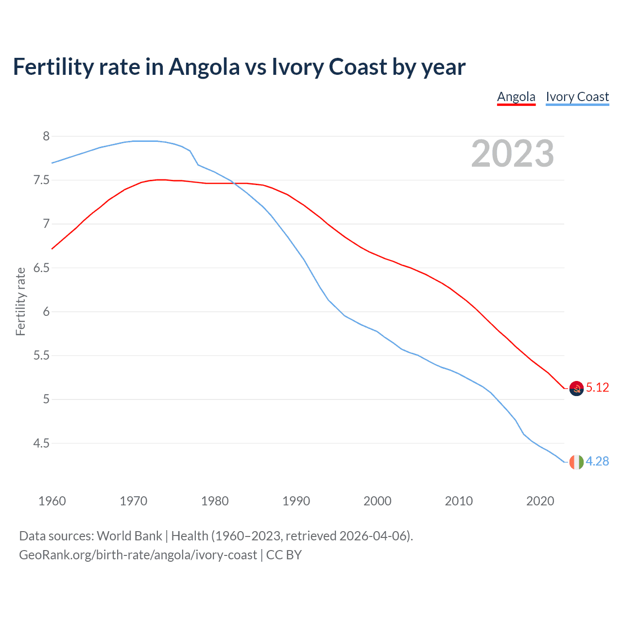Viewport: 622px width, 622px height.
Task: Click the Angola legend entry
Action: pyautogui.click(x=516, y=97)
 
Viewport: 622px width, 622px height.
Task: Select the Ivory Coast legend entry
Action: pyautogui.click(x=577, y=97)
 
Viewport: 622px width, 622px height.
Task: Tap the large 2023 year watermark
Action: pyautogui.click(x=513, y=154)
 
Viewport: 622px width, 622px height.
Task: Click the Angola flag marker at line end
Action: pyautogui.click(x=576, y=388)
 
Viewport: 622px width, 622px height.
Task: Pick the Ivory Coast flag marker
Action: pyautogui.click(x=576, y=462)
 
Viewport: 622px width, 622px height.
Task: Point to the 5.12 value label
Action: pyautogui.click(x=597, y=387)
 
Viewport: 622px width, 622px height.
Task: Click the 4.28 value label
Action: pyautogui.click(x=597, y=461)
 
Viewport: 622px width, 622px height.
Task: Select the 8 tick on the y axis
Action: pyautogui.click(x=46, y=136)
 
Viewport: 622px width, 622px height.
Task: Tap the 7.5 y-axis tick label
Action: pyautogui.click(x=41, y=180)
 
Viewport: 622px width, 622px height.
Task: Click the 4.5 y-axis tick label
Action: pyautogui.click(x=41, y=443)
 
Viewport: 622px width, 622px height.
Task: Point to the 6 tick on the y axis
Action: pyautogui.click(x=46, y=311)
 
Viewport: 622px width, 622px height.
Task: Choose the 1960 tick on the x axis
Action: pyautogui.click(x=52, y=501)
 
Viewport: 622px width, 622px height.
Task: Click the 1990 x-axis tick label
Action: pyautogui.click(x=296, y=501)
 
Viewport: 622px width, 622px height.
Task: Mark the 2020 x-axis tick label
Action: pyautogui.click(x=540, y=501)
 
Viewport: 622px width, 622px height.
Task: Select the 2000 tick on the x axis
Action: pyautogui.click(x=377, y=501)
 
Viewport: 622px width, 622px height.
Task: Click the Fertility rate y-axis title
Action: pyautogui.click(x=20, y=301)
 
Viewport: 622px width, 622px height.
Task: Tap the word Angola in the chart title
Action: pyautogui.click(x=204, y=67)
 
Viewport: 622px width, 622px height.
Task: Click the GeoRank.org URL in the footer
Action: pyautogui.click(x=138, y=554)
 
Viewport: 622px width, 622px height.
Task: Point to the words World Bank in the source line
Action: pyautogui.click(x=129, y=536)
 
